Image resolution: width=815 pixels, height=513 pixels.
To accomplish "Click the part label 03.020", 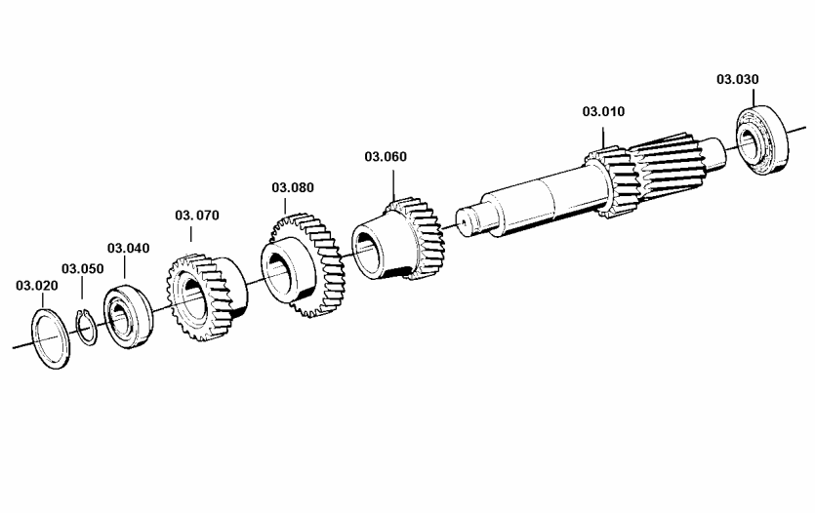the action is pos(37,286).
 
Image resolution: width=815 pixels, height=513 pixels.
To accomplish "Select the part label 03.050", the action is pos(83,269).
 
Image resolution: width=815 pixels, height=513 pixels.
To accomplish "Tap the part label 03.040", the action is pos(129,248).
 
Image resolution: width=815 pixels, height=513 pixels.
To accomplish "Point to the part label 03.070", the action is pos(197,215).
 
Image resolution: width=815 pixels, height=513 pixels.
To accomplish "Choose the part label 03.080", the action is pos(293,187).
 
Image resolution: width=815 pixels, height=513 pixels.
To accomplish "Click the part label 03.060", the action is pos(386,156).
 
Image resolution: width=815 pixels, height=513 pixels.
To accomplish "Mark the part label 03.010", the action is pos(603,111).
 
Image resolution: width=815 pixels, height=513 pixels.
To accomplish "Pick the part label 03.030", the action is pos(738,79).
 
